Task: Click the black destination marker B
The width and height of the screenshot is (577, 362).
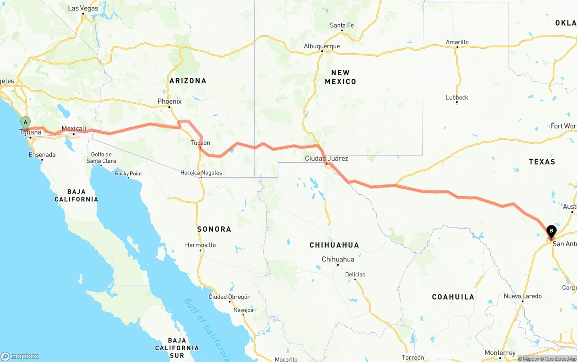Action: [x=551, y=232]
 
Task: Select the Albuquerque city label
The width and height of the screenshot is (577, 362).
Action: [x=322, y=46]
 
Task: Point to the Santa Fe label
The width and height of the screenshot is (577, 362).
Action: [x=342, y=25]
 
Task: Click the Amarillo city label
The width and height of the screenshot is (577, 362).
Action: [x=457, y=42]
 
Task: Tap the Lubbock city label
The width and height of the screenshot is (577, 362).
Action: [x=457, y=97]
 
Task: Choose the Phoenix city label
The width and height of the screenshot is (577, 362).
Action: [x=169, y=101]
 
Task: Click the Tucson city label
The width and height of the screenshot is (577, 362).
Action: [x=200, y=143]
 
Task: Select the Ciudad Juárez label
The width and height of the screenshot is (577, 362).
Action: [x=326, y=159]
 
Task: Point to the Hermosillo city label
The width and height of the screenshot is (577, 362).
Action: [x=201, y=245]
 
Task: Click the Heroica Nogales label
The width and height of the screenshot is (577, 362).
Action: [x=201, y=173]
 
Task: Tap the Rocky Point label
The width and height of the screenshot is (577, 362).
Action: [x=128, y=174]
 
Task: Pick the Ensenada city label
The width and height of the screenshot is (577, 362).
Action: [x=42, y=155]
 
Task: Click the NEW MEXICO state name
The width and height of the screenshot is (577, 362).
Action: [x=340, y=77]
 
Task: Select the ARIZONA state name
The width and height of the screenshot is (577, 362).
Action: [x=188, y=81]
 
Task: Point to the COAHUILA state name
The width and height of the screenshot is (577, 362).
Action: [x=453, y=297]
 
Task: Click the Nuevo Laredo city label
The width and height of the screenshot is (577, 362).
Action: [x=523, y=296]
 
